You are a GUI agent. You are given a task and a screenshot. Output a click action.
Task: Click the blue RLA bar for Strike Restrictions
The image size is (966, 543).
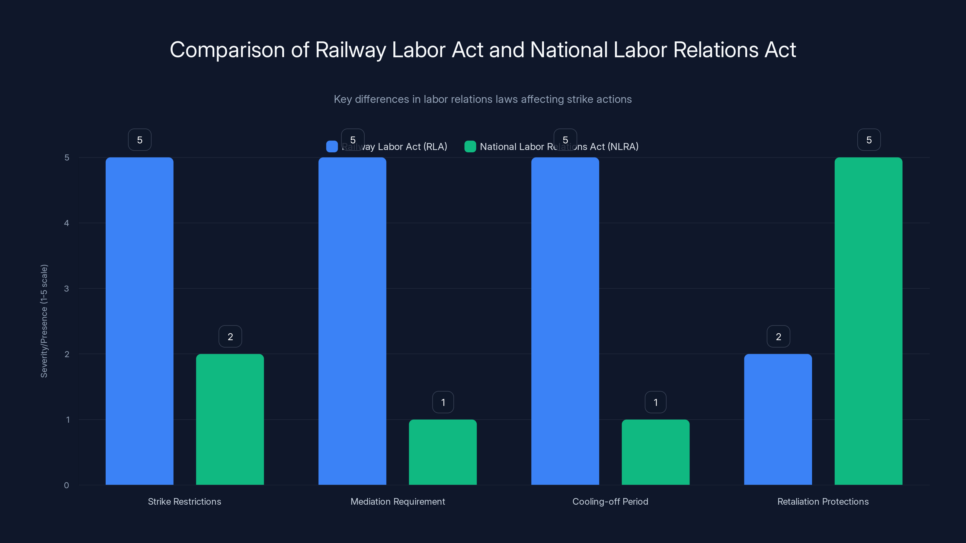coord(139,321)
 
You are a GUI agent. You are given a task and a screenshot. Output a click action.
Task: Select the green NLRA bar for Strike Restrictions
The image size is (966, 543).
coord(230,419)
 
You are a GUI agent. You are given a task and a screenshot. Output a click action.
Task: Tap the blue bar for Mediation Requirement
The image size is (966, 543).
coord(352,321)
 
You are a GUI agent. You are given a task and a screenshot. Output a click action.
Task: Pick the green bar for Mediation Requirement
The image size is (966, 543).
coord(443,452)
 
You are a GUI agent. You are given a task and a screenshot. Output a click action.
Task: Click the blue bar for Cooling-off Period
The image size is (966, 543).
coord(565,321)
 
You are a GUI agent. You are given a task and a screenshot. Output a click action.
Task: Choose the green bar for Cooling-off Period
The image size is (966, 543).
coord(655,452)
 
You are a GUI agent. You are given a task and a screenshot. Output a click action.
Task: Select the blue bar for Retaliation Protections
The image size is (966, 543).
coord(778,419)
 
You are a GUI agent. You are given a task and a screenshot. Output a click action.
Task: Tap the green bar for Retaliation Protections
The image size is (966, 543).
coord(868,321)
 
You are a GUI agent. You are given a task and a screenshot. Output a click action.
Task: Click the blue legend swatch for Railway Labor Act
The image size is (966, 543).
coord(332,147)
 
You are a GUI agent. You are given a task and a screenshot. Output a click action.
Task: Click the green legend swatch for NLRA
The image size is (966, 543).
coord(470,147)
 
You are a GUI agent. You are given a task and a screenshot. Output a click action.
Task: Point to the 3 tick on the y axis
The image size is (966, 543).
coord(66,289)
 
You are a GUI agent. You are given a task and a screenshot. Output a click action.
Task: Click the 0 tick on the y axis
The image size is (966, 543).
coord(66,485)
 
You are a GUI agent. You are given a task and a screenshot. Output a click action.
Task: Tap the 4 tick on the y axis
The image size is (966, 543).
coord(66,223)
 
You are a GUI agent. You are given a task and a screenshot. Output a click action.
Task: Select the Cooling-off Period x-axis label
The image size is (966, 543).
coord(610,501)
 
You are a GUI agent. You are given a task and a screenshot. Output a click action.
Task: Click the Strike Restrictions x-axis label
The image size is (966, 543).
coord(184,501)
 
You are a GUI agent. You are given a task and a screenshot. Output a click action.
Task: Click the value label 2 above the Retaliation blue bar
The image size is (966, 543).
coord(779,337)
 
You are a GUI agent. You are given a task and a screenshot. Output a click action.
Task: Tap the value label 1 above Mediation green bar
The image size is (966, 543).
coord(443,402)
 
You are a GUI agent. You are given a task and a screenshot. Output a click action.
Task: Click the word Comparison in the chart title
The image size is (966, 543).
coord(227,50)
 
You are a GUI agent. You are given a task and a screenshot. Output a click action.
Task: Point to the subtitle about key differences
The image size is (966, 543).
coord(483,99)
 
